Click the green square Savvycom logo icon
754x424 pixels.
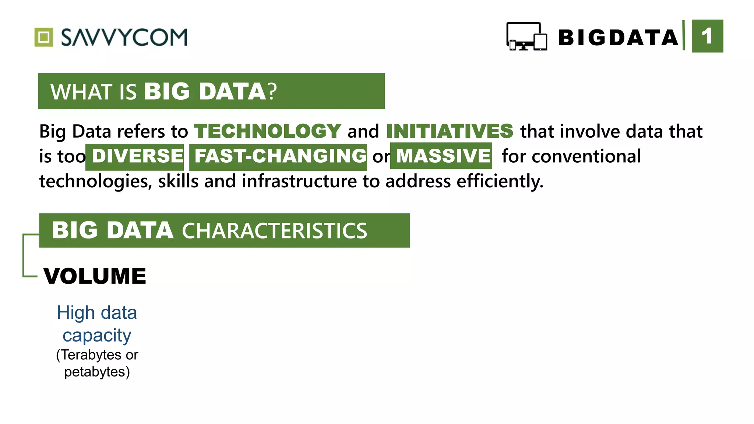pos(44,37)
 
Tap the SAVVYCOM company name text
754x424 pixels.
pos(124,37)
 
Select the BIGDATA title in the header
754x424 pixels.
pos(618,38)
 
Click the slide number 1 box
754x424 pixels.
pos(707,36)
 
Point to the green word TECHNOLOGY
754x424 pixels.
pos(268,131)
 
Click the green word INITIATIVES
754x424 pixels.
pos(450,131)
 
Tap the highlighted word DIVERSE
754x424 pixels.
pos(137,156)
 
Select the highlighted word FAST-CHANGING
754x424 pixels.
pos(280,156)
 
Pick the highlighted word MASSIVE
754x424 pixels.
pos(443,156)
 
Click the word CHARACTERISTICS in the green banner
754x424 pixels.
pos(274,231)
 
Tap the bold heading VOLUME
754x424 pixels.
pos(95,276)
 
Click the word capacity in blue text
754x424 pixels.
pos(97,335)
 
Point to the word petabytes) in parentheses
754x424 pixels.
pos(97,372)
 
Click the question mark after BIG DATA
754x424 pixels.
pos(272,92)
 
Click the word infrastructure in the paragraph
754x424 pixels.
pos(299,181)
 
